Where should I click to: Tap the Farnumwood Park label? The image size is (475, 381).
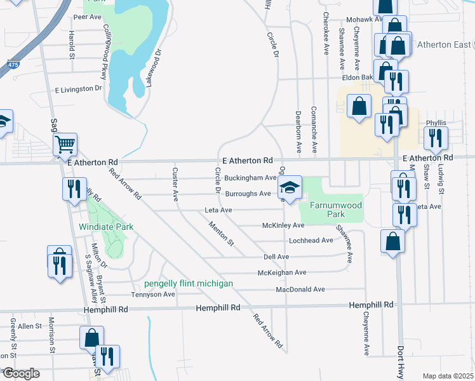coord(335,210)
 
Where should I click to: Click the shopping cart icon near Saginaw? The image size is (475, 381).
coord(65,145)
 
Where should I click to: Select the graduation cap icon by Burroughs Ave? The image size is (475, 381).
coord(290,189)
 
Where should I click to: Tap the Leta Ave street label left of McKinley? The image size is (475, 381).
coord(218,210)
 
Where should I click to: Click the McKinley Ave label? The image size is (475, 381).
coord(283,225)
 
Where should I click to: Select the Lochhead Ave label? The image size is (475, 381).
coord(311,241)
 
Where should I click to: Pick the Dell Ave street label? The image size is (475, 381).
coord(276,257)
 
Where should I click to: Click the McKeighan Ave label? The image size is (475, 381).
coord(281,272)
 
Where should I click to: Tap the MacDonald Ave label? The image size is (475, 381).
coord(300,290)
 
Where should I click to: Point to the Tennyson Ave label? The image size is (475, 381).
coord(152,295)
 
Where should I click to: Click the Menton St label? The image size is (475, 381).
coord(222,234)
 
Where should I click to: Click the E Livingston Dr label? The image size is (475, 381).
coord(79,90)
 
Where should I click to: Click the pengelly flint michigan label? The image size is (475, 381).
coord(188,283)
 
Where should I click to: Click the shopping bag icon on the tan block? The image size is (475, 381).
coord(359,107)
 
